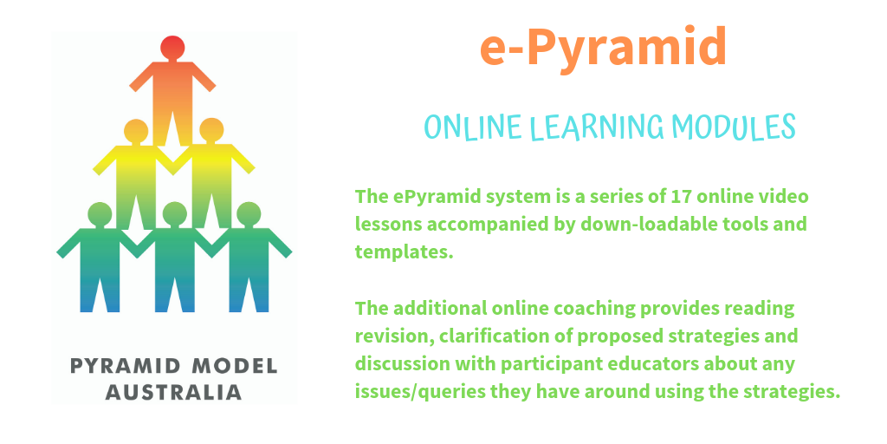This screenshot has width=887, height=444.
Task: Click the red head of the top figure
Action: coord(172,47)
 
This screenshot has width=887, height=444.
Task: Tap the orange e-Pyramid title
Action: coord(603,48)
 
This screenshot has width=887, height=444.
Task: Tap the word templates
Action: coord(405,251)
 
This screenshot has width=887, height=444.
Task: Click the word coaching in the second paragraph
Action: coord(592,309)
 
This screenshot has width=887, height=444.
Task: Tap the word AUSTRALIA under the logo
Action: coord(173,393)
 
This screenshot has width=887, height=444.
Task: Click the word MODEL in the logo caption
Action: coord(235,366)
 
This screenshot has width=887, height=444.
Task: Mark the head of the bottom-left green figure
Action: coord(100,213)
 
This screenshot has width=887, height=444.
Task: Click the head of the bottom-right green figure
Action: coord(249,213)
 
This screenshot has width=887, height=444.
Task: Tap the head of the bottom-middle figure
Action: coord(175,213)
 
